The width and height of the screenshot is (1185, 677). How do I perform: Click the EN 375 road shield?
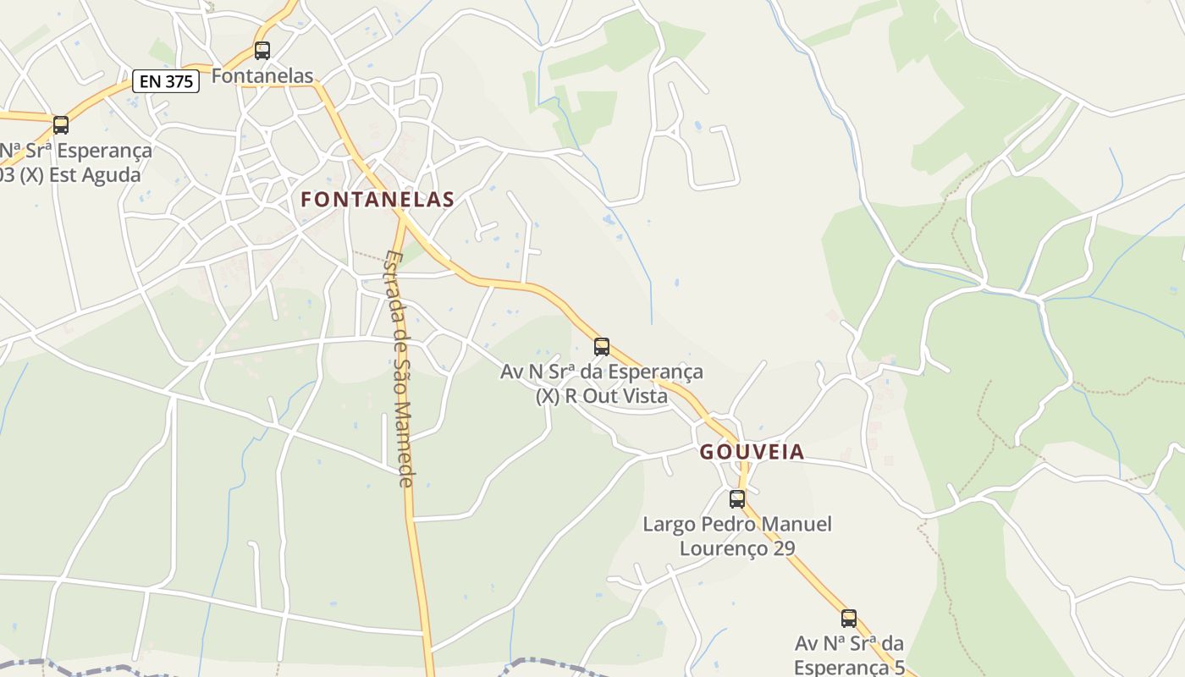[166, 81]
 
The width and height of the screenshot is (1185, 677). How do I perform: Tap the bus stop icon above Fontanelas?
[262, 51]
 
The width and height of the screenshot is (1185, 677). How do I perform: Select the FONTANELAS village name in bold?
[378, 200]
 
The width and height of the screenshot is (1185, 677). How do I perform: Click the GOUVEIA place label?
[752, 452]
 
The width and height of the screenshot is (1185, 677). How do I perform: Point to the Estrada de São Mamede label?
[399, 368]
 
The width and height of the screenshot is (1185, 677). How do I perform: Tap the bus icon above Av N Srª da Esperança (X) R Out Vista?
[602, 346]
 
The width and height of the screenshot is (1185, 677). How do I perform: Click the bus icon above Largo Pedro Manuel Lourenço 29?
[737, 498]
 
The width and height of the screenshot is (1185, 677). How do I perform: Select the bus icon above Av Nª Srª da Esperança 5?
[849, 619]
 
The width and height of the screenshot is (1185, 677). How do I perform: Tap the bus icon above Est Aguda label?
[61, 125]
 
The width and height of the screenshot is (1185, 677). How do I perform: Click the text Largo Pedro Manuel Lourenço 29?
[737, 536]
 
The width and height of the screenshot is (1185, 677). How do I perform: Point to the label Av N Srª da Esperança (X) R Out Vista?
[602, 383]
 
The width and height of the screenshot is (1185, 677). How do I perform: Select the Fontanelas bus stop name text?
[262, 75]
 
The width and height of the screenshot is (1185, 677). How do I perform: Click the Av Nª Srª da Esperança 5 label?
[849, 655]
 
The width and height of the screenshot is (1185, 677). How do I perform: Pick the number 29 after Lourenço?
[784, 548]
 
